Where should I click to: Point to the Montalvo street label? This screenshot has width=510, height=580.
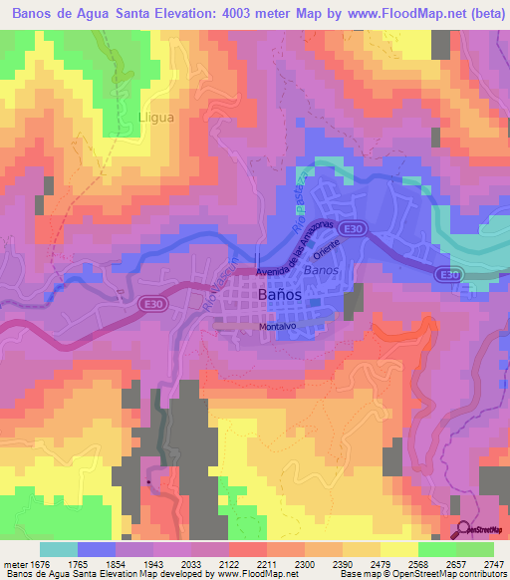[279, 326]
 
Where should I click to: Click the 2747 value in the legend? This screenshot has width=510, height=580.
[493, 564]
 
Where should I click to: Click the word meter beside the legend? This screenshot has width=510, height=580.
[14, 564]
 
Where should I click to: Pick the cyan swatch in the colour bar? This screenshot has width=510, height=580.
[58, 549]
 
